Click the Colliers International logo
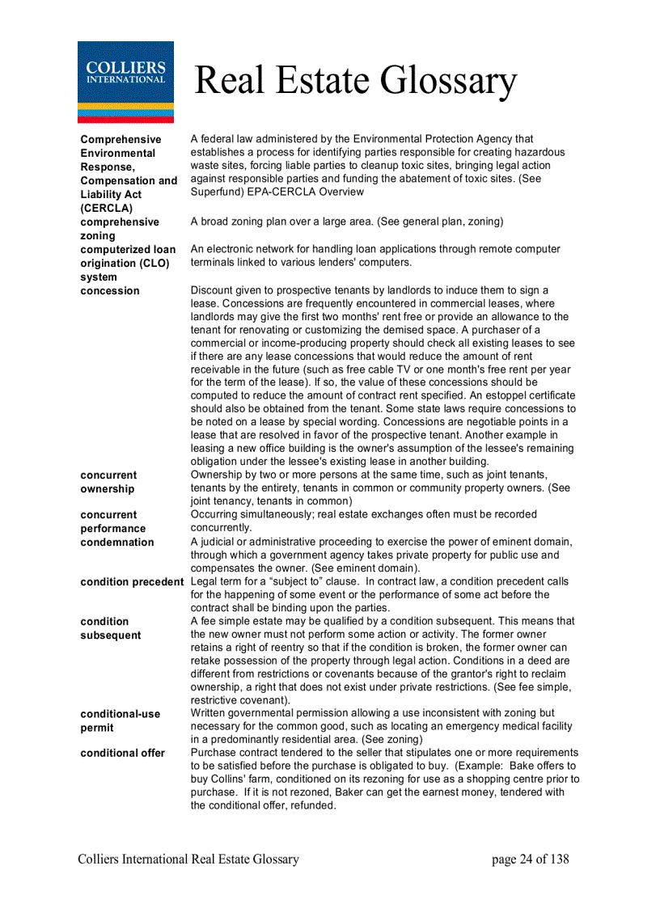point(125,82)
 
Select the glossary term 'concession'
point(110,291)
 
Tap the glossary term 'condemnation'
point(116,543)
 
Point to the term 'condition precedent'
point(132,581)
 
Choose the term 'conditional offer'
point(122,753)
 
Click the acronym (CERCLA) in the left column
point(106,208)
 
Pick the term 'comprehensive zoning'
point(120,229)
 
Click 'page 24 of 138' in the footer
point(530,859)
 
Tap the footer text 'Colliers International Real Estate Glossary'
point(188,859)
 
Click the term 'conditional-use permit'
point(120,720)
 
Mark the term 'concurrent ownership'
point(108,482)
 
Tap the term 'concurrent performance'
point(112,522)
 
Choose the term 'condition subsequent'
point(110,628)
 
